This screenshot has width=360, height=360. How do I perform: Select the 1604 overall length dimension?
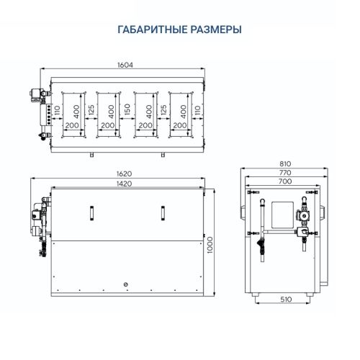pyautogui.click(x=126, y=66)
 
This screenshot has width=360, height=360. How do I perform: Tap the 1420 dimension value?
pyautogui.click(x=126, y=184)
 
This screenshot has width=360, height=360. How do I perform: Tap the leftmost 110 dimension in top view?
pyautogui.click(x=55, y=112)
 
